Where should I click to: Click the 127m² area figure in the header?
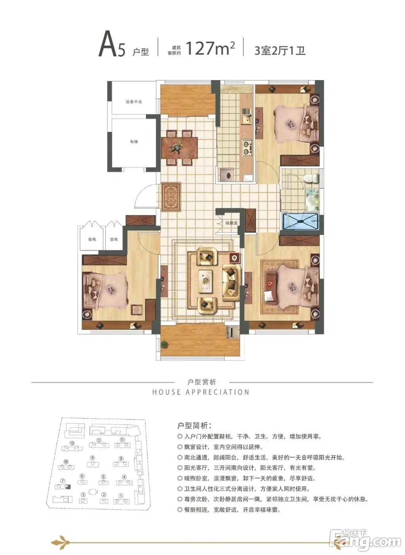(x=210, y=48)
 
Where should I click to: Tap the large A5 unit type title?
(x=112, y=46)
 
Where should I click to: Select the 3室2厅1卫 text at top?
(x=280, y=50)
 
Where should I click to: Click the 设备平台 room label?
(x=134, y=102)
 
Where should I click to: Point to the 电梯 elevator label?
(x=134, y=142)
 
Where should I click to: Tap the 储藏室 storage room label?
(x=231, y=223)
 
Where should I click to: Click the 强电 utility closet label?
(x=92, y=239)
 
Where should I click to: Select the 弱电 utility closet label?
(x=114, y=239)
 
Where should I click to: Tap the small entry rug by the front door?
(x=171, y=197)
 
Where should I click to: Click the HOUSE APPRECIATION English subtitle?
(x=201, y=392)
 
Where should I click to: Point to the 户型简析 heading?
(x=194, y=425)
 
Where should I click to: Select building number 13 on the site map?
(x=72, y=443)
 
